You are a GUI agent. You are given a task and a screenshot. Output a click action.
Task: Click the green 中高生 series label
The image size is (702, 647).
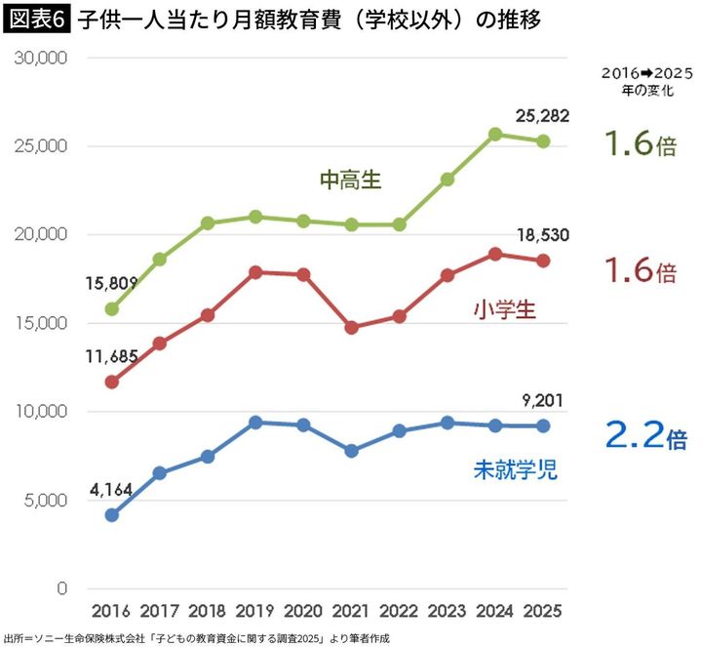(351, 181)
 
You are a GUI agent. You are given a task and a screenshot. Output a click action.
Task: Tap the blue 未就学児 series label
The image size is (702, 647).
(515, 470)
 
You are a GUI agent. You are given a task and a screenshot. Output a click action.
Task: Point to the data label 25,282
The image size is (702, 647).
(542, 117)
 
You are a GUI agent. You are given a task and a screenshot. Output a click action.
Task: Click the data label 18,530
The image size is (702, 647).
(542, 234)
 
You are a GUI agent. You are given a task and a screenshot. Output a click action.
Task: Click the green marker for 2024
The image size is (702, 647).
(495, 135)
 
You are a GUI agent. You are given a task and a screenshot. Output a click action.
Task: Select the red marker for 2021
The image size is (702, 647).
(352, 328)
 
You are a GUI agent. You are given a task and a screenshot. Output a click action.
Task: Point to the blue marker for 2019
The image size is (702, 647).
(256, 423)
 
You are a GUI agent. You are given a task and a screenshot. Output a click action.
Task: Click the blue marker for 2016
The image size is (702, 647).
(113, 514)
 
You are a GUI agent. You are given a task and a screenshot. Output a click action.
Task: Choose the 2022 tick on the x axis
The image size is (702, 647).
(400, 612)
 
